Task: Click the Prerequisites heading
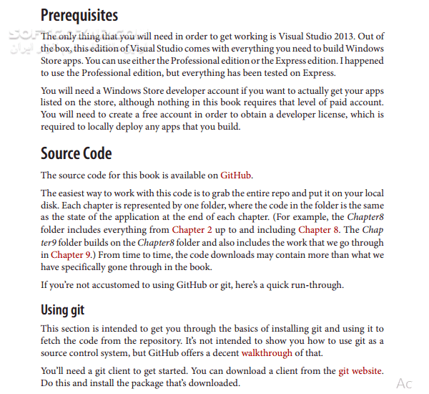tap(79, 15)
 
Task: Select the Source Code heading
tap(76, 153)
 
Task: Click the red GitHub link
tap(236, 175)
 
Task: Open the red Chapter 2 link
tap(191, 230)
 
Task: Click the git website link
tap(361, 371)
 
